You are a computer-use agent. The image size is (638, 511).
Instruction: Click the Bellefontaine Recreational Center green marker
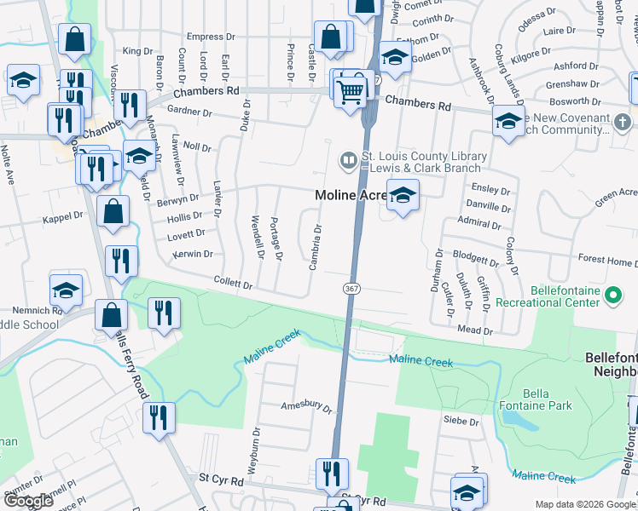point(612,296)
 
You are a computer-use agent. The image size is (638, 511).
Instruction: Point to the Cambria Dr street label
point(315,246)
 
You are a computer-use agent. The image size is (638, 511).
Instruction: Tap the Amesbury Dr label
point(306,407)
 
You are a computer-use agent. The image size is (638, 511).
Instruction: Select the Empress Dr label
point(211,37)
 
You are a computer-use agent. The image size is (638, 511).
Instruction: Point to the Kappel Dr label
point(63,218)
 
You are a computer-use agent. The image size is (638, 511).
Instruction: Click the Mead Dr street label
point(475,330)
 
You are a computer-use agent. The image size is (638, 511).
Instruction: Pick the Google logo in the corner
point(29,501)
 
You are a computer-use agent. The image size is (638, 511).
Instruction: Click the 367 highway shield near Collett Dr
point(351,289)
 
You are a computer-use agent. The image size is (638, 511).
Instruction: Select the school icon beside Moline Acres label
point(403,196)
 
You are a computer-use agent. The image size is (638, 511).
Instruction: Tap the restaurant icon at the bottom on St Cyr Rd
point(332,474)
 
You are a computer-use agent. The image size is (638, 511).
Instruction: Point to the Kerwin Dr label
point(193,254)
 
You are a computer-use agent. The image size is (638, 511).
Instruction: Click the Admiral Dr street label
point(480,225)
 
